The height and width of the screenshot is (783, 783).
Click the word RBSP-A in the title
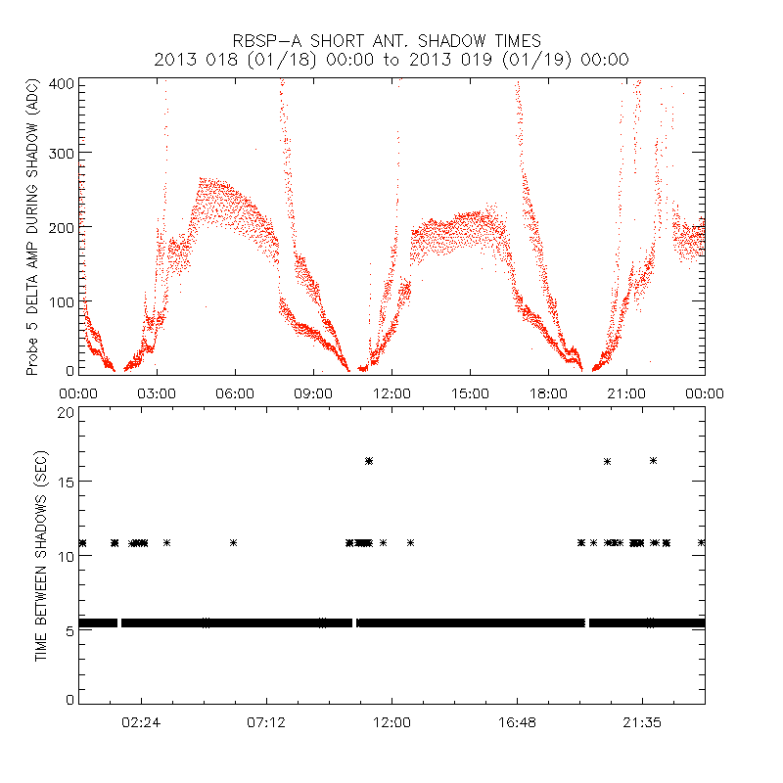click(x=267, y=41)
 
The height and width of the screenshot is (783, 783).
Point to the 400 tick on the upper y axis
click(x=63, y=83)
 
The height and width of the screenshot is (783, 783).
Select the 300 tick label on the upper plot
click(x=63, y=154)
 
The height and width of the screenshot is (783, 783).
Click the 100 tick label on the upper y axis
click(x=63, y=300)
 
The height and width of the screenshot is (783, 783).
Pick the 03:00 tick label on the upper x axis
click(x=157, y=393)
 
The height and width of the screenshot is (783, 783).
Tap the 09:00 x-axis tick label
click(x=313, y=393)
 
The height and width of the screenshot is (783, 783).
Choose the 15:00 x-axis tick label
click(x=470, y=393)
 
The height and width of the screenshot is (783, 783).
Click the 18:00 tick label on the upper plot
click(x=548, y=393)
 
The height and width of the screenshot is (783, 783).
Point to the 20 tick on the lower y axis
click(x=66, y=412)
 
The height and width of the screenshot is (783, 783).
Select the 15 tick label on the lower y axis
click(x=66, y=482)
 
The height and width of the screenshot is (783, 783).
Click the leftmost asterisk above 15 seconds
click(x=369, y=461)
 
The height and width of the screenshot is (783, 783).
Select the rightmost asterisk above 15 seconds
click(x=653, y=460)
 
